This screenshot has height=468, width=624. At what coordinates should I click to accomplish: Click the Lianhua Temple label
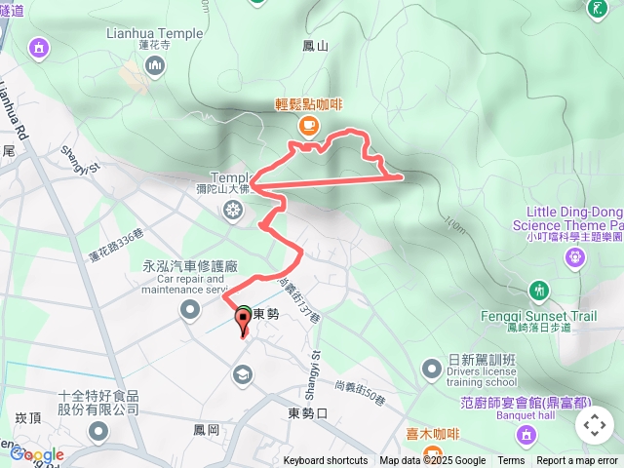tap(155, 33)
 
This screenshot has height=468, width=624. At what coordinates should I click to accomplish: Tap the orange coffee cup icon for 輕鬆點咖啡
tap(308, 124)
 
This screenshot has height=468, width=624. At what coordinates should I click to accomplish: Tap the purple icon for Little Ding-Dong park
tap(575, 256)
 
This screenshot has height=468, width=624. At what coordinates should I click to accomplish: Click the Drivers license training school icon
tap(432, 369)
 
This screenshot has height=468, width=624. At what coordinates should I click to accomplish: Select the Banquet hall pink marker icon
tap(526, 432)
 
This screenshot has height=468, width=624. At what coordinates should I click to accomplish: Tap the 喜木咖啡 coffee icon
tap(414, 453)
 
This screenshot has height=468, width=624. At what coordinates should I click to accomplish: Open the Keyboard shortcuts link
tap(326, 461)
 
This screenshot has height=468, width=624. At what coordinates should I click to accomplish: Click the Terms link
tap(511, 461)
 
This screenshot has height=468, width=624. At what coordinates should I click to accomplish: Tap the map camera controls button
tap(595, 425)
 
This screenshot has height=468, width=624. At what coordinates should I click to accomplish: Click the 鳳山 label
tap(316, 45)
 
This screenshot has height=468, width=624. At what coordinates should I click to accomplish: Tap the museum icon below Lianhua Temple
tap(155, 64)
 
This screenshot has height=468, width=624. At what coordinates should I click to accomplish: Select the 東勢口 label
tap(308, 412)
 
